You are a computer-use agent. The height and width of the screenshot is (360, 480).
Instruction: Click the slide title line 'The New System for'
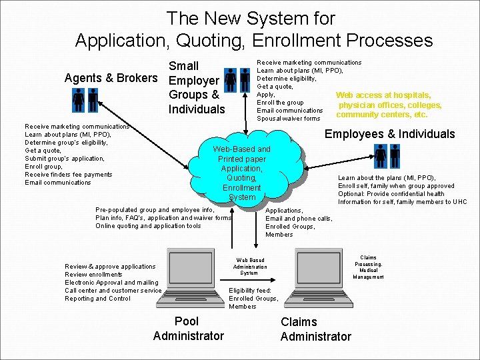pyautogui.click(x=251, y=18)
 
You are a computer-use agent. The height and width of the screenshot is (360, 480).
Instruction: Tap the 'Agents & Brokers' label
pyautogui.click(x=111, y=78)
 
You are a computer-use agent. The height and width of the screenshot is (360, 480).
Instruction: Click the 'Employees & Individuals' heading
pyautogui.click(x=389, y=134)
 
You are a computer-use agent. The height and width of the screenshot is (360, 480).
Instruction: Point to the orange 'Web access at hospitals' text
pyautogui.click(x=383, y=95)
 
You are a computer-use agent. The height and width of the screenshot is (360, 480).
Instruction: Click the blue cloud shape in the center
pyautogui.click(x=241, y=173)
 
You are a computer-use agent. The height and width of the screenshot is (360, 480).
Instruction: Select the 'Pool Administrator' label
pyautogui.click(x=189, y=329)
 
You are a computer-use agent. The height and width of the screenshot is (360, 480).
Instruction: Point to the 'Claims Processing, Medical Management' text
pyautogui.click(x=368, y=267)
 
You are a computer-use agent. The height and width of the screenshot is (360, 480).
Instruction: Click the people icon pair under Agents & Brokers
pyautogui.click(x=85, y=100)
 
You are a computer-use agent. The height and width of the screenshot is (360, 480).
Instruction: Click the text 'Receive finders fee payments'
pyautogui.click(x=69, y=175)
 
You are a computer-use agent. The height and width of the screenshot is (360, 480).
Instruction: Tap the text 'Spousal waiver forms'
pyautogui.click(x=289, y=119)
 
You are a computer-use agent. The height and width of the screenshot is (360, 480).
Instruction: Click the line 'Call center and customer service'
pyautogui.click(x=113, y=291)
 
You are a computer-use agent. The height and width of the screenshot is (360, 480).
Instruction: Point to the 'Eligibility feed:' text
pyautogui.click(x=250, y=291)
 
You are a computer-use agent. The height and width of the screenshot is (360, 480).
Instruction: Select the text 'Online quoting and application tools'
pyautogui.click(x=148, y=226)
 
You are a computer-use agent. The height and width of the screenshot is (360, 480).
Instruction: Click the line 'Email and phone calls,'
pyautogui.click(x=298, y=219)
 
